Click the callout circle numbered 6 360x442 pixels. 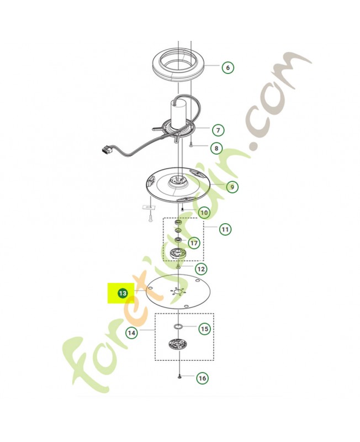[x=227, y=67]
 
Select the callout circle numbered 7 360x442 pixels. [x=218, y=130]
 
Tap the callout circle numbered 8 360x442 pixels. [x=216, y=148]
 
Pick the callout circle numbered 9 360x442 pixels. [x=232, y=187]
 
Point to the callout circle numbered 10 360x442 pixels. [x=204, y=212]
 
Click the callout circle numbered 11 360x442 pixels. [x=225, y=229]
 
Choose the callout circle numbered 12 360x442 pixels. [x=201, y=269]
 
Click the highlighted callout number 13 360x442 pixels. [x=123, y=293]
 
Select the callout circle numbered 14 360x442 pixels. [x=131, y=333]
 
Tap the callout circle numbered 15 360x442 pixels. [x=204, y=329]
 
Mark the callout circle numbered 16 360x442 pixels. [x=202, y=378]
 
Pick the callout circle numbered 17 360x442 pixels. [x=194, y=243]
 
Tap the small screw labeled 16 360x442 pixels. [x=179, y=376]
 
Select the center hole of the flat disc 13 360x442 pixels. [x=178, y=292]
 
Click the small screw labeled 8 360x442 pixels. [x=191, y=145]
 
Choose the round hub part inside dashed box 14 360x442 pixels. [x=177, y=344]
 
